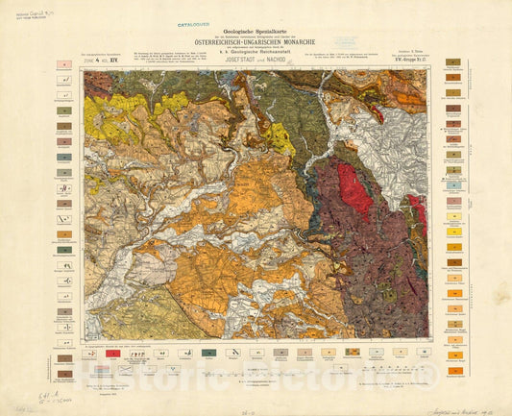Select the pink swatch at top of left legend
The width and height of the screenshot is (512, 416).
pyautogui.click(x=63, y=64)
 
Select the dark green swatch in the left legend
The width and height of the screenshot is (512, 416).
pyautogui.click(x=63, y=250)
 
